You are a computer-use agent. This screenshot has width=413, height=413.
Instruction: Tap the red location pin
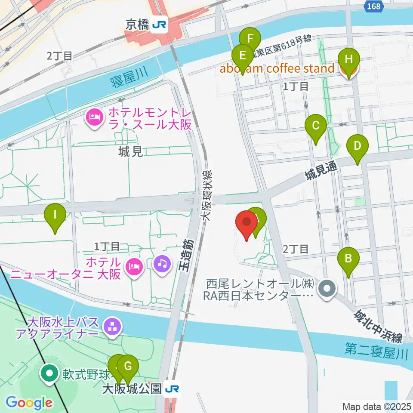[x=247, y=223]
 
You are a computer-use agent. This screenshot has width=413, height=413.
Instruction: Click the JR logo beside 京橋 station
[x=159, y=25]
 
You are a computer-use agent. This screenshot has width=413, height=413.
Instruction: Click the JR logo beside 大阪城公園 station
[x=172, y=389]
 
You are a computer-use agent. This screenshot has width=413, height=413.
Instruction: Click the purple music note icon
[x=162, y=262]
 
